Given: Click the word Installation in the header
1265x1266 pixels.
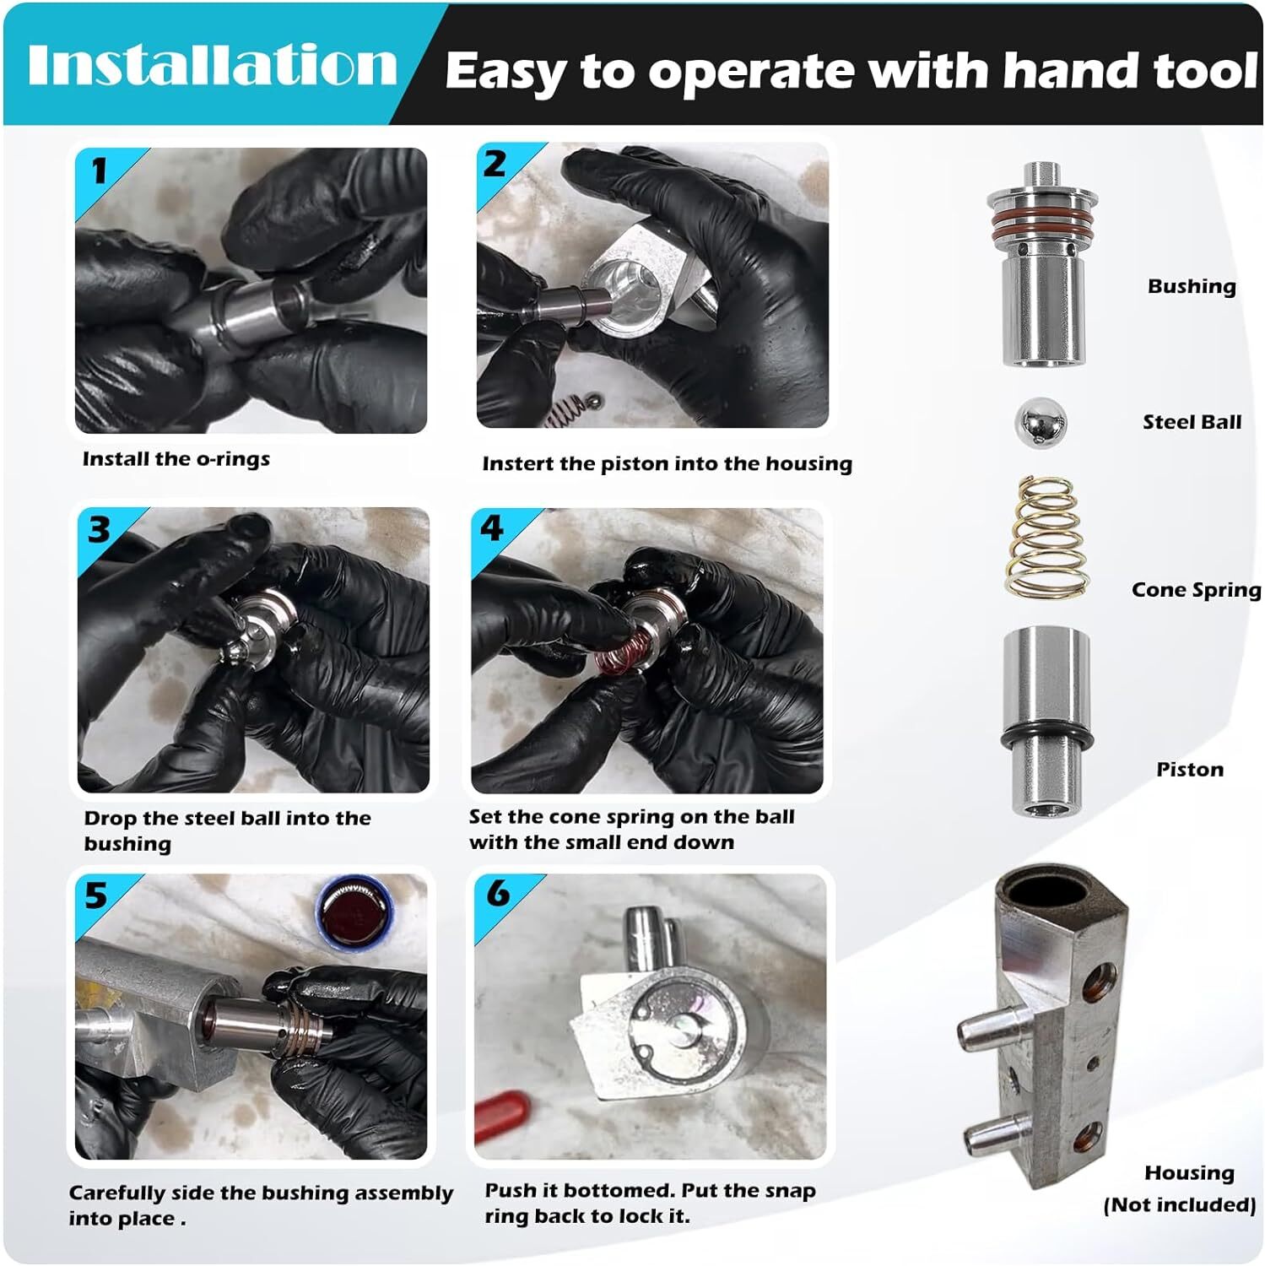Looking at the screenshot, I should [212, 65].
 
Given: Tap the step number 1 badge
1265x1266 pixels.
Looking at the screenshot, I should [99, 171].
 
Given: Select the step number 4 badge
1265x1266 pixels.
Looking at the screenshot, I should [491, 529].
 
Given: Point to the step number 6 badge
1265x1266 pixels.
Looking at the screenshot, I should [498, 893].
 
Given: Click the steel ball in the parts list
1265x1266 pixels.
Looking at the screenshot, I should [1040, 423].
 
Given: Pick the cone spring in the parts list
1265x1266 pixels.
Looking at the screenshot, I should [1045, 538].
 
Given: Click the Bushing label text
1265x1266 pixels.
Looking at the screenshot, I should [1191, 286].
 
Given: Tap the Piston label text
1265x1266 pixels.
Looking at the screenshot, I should [1189, 769].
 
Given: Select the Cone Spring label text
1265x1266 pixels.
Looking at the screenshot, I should [1196, 590].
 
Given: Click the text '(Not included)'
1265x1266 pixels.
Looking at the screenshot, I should [1179, 1204].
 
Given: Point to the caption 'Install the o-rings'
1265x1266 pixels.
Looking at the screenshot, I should [176, 459].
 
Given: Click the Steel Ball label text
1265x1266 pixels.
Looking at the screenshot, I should [1191, 422].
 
